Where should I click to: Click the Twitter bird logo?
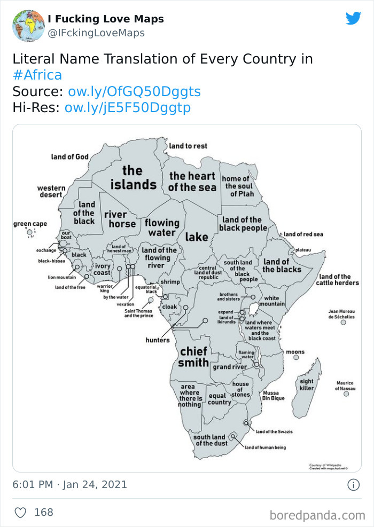pos(353,19)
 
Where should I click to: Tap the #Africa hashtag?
pos(37,75)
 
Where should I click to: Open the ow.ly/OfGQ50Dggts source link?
pos(134,91)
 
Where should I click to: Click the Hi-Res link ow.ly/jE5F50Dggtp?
pos(127,108)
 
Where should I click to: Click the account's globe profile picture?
pos(28,25)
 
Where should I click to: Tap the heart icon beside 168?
pos(20,513)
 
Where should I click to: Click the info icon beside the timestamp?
pos(353,485)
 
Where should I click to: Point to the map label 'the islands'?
pos(133,178)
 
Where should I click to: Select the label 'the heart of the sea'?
pos(192,182)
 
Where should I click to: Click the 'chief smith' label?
pos(193,357)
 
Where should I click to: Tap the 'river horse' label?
pos(122,219)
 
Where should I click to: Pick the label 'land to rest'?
pos(188,146)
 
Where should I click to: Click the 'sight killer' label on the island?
pos(307,384)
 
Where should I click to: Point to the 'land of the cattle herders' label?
pos(335,279)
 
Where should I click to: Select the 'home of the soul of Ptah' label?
pos(236,186)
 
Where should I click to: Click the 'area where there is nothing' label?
pos(190,396)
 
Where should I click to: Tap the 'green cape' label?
pos(30,224)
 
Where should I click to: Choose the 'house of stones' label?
pos(240,389)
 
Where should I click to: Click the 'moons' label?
pos(295,352)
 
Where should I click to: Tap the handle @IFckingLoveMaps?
pos(96,33)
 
